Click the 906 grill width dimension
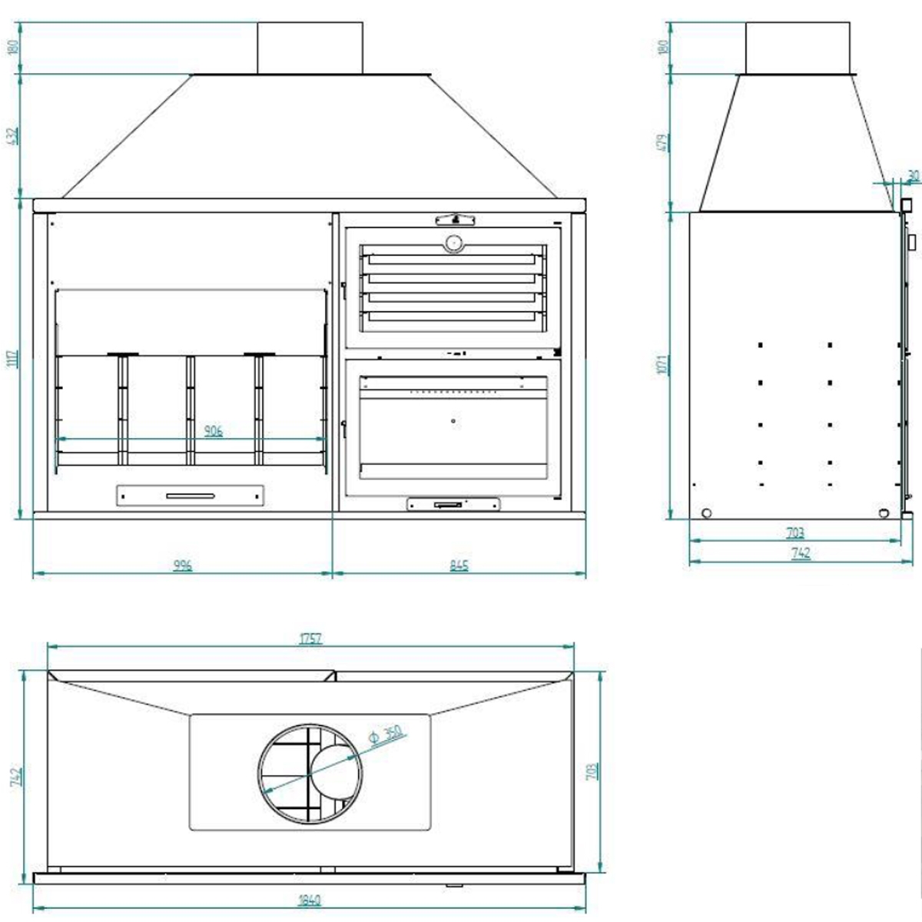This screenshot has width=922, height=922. tap(213, 432)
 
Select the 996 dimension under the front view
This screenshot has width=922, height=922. tap(182, 566)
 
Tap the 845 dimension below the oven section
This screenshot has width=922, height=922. tap(459, 566)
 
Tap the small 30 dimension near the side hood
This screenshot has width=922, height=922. tap(912, 176)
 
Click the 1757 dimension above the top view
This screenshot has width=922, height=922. tap(310, 638)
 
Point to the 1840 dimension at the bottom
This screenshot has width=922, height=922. tap(310, 900)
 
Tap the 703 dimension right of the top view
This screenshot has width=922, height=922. tap(591, 772)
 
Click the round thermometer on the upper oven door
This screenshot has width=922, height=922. tap(453, 243)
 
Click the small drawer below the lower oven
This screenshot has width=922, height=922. tap(453, 505)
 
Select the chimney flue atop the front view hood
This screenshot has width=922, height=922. tap(309, 48)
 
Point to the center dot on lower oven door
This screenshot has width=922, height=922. tap(453, 421)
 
